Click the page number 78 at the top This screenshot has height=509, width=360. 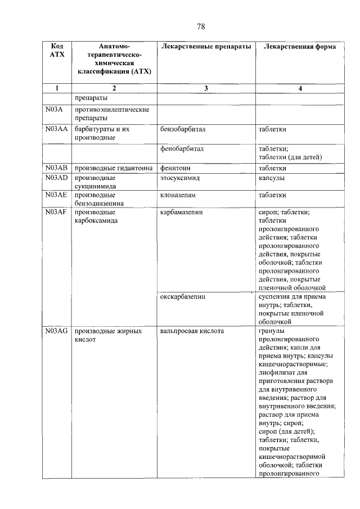tap(202, 26)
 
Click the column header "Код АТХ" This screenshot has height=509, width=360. tap(57, 51)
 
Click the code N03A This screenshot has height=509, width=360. tap(55, 110)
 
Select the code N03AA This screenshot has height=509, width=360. tap(56, 129)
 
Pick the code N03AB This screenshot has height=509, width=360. tap(56, 168)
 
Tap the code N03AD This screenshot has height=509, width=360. tap(56, 178)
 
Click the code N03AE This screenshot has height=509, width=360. tap(56, 195)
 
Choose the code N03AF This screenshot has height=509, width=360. tap(56, 213)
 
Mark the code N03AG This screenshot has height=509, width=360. tap(56, 331)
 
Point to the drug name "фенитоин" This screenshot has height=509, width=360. tap(175, 168)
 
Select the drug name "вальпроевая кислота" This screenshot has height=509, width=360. tap(192, 331)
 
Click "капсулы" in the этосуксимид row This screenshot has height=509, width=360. tap(271, 178)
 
